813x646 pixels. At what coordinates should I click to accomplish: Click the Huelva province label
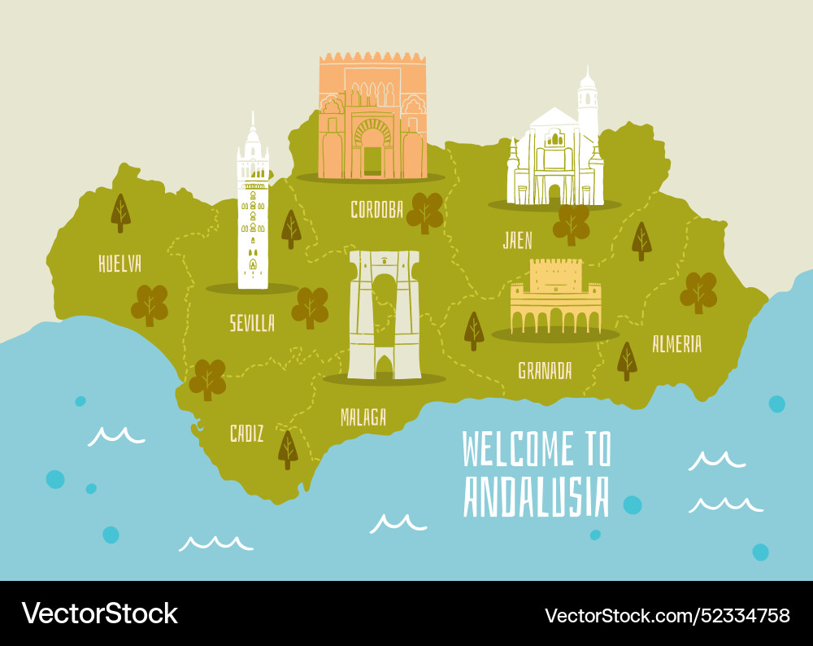(120, 264)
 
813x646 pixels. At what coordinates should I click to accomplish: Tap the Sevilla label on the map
(252, 323)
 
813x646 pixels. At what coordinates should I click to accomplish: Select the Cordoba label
(376, 210)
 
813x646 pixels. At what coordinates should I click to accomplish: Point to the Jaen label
(518, 240)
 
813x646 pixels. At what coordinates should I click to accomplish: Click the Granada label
(545, 371)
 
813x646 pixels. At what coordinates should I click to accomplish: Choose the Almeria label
(676, 344)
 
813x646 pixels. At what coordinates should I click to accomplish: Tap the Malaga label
(363, 417)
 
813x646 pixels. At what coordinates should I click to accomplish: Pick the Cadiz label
(246, 434)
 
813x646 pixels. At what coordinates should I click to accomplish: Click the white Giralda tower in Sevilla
(252, 212)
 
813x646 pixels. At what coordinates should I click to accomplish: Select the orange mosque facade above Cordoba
(372, 118)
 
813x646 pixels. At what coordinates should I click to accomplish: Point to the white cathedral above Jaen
(557, 151)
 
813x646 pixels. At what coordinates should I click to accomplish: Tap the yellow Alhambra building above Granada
(556, 297)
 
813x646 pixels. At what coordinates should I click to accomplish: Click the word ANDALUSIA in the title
(536, 497)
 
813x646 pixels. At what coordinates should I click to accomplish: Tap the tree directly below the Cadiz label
(288, 449)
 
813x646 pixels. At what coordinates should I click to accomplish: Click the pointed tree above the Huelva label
(120, 213)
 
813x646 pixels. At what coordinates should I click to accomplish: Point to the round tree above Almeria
(698, 292)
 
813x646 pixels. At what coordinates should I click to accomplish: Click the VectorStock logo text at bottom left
(99, 613)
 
